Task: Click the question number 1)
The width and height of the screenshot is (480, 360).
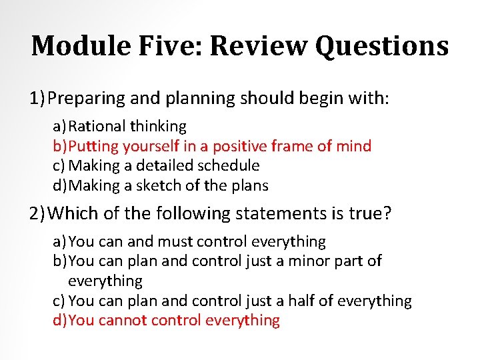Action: tap(37, 99)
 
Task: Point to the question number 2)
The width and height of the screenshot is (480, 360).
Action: tap(37, 214)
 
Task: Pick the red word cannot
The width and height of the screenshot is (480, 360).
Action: tap(123, 320)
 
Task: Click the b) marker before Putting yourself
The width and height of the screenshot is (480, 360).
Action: tap(59, 145)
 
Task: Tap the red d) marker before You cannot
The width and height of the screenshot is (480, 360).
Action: tap(59, 320)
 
